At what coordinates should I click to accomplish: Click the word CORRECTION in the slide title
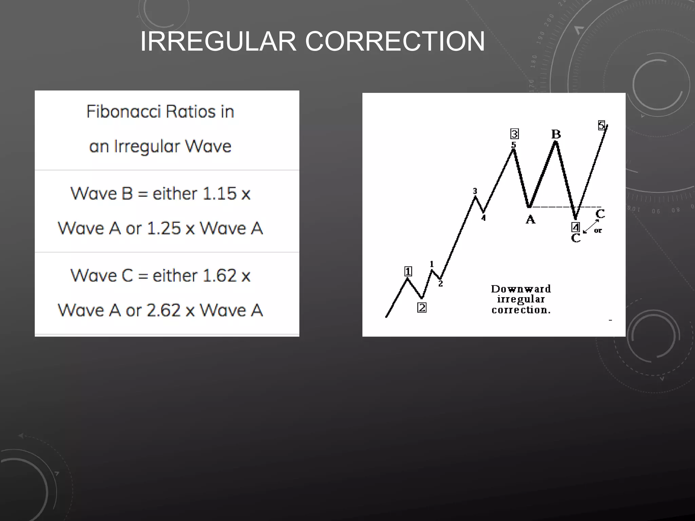point(395,41)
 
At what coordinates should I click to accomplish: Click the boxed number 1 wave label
point(408,271)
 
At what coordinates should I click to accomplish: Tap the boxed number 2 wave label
point(422,308)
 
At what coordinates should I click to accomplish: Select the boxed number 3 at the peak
point(514,134)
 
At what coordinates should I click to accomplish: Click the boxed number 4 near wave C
point(576,227)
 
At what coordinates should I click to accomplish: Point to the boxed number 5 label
point(601,126)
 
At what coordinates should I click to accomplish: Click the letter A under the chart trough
point(530,220)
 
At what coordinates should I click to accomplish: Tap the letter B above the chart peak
point(556,134)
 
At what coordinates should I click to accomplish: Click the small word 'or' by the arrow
point(598,231)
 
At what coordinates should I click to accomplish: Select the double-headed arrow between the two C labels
point(591,226)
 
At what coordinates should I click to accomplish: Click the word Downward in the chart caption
point(521,289)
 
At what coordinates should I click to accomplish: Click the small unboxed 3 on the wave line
point(475,191)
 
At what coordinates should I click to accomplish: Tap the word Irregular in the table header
point(147,147)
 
